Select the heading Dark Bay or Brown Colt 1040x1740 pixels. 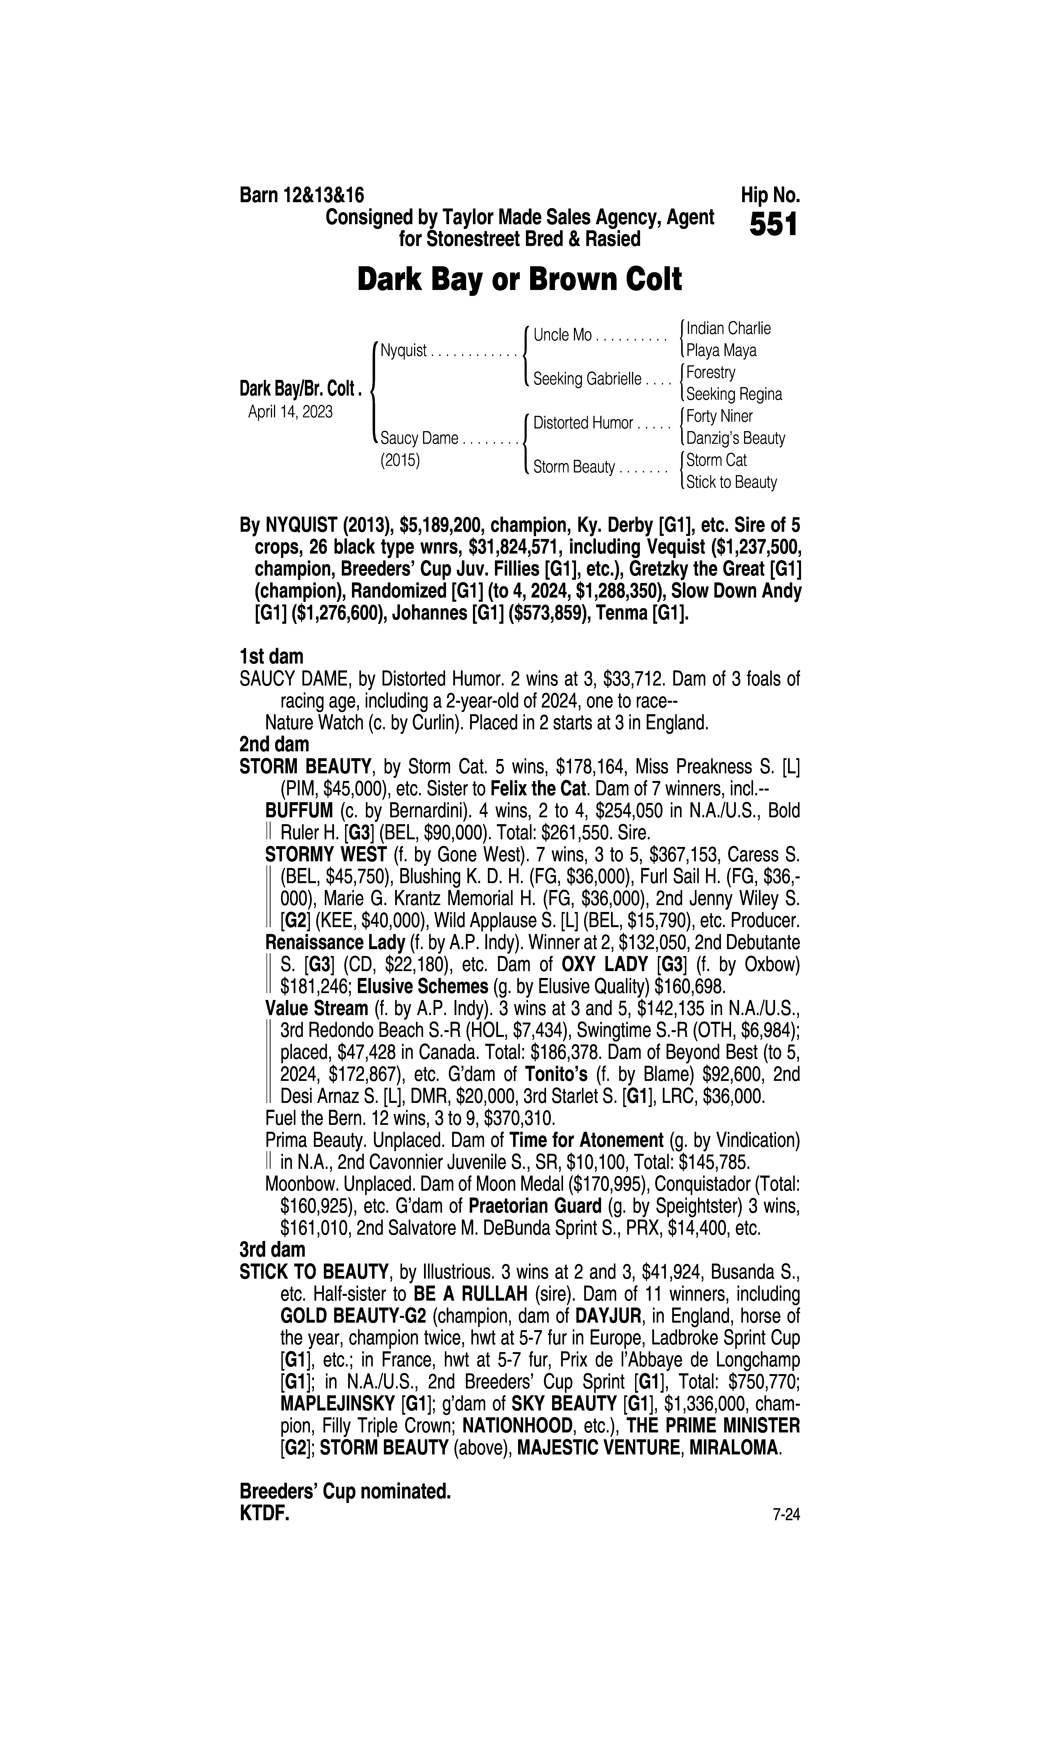coord(519,280)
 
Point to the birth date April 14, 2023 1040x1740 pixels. coord(290,411)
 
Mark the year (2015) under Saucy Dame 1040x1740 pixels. coord(399,461)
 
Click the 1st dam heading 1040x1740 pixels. coord(271,657)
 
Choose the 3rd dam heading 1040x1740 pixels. coord(273,1249)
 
